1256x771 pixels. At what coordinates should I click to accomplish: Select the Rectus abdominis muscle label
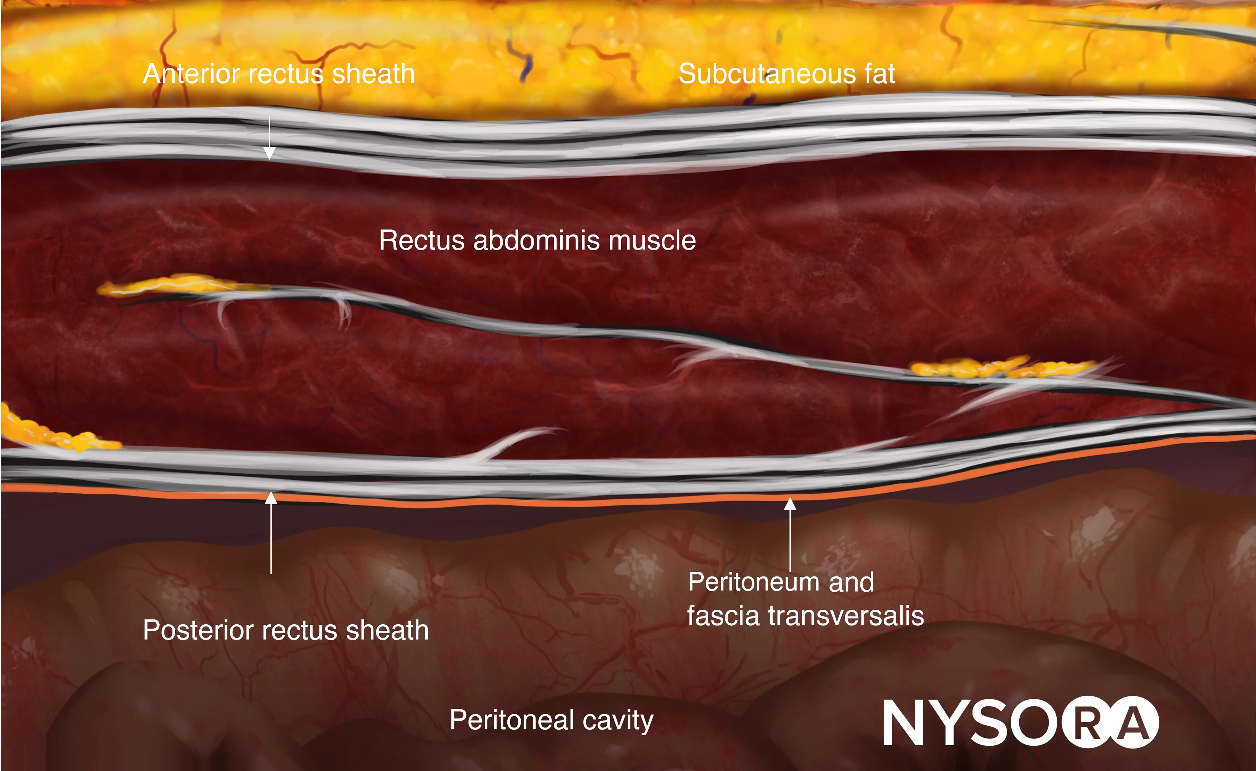coord(537,240)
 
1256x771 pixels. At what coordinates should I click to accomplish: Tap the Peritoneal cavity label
coord(551,720)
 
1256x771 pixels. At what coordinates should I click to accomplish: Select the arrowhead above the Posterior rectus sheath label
coord(271,497)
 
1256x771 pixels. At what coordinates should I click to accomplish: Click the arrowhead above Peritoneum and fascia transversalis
coord(790,504)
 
